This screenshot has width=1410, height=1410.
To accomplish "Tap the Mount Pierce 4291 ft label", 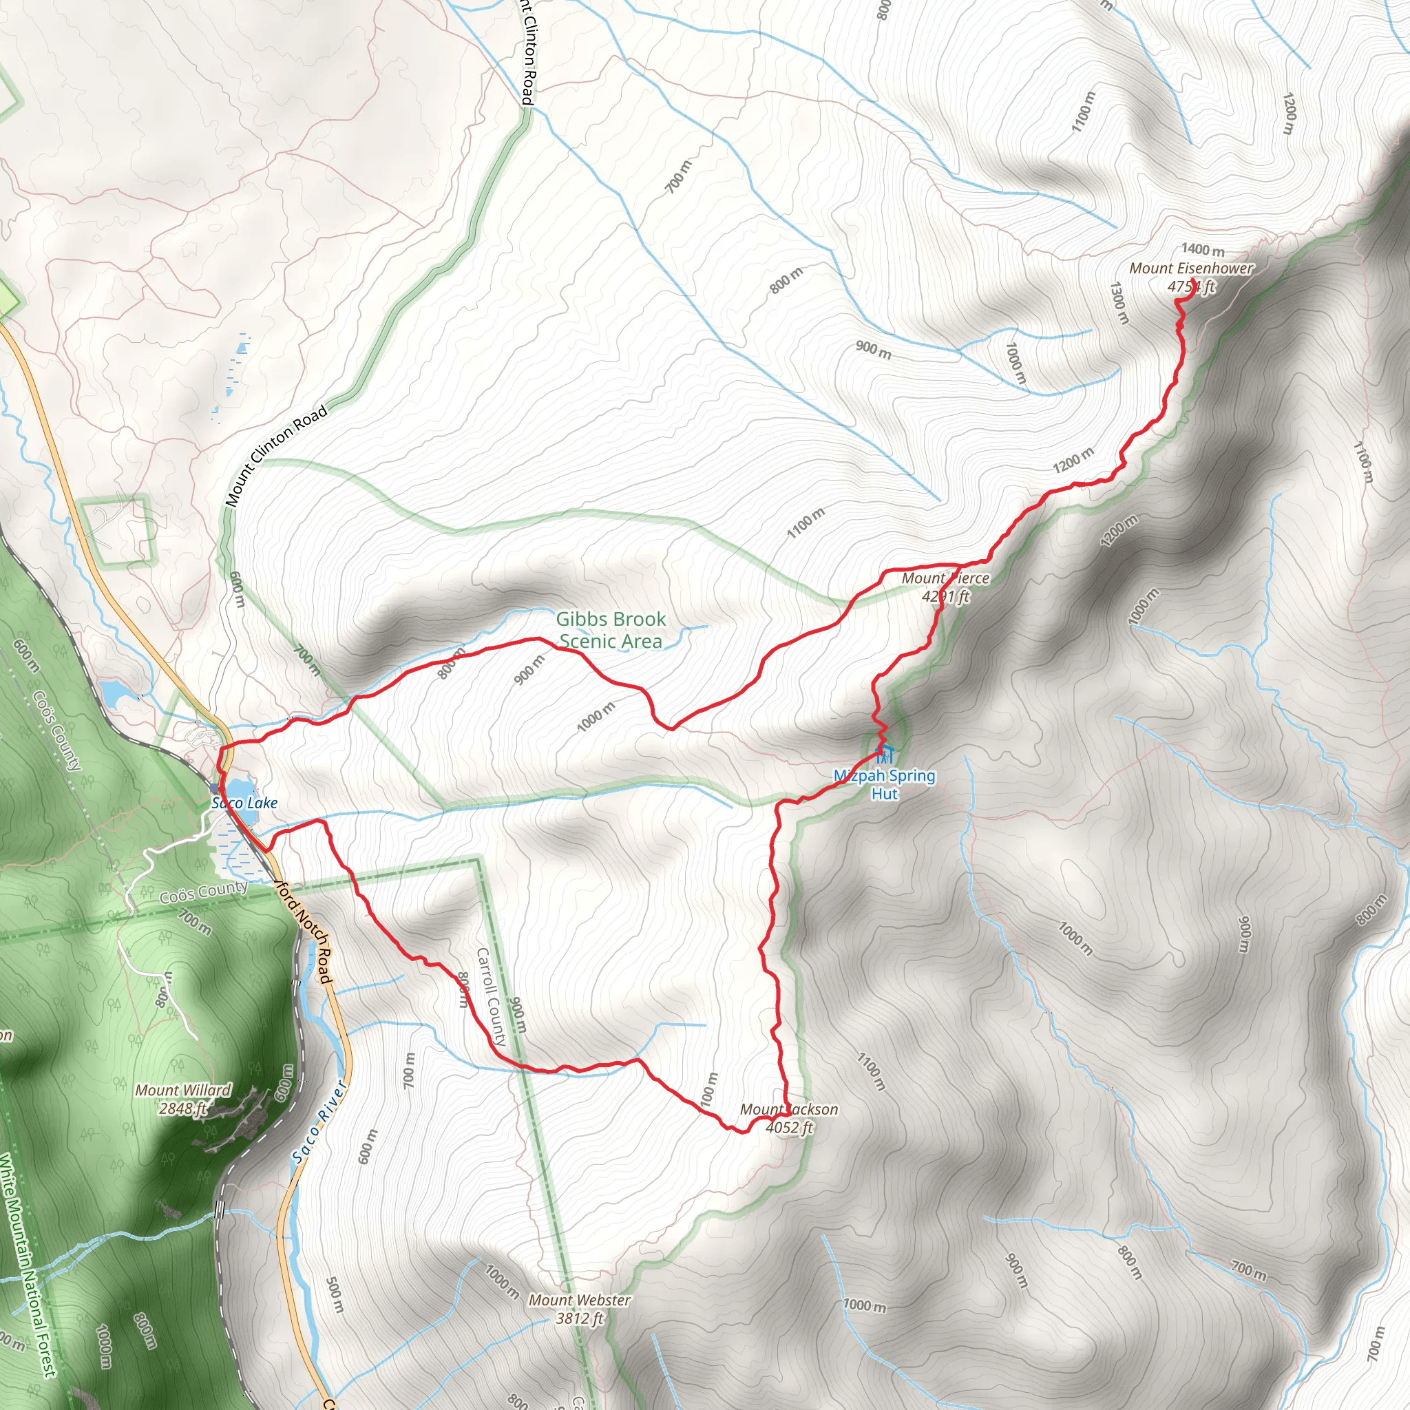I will [x=945, y=587].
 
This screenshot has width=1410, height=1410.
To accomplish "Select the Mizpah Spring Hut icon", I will [x=885, y=754].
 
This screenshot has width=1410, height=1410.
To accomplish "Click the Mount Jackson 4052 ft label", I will [x=789, y=1118].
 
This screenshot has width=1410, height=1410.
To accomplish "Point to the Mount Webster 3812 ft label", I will [x=580, y=1309].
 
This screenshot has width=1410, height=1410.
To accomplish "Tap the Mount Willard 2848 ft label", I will [x=183, y=1099].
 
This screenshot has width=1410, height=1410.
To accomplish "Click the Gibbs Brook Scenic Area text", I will [x=611, y=630].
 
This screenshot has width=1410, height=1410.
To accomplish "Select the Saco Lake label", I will [x=244, y=803].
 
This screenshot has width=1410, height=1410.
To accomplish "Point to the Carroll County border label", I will [x=491, y=997].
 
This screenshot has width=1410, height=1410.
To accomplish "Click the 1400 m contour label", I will [x=1203, y=251].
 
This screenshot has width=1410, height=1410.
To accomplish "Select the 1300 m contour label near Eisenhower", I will [x=1119, y=303].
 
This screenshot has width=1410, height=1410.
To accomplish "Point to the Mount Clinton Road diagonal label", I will [x=277, y=456].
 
